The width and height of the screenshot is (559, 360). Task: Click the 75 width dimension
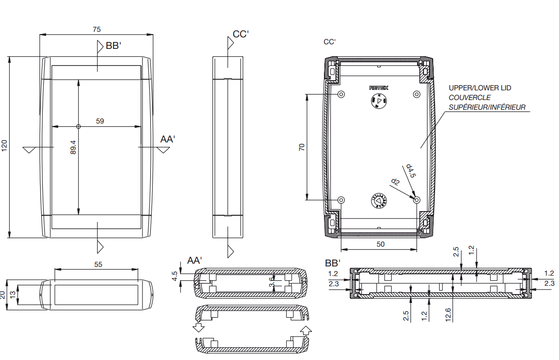click(x=96, y=30)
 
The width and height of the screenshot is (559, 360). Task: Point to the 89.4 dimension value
click(x=73, y=148)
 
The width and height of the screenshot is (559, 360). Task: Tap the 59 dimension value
click(x=100, y=121)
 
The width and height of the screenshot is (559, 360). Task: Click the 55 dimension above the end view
click(x=98, y=265)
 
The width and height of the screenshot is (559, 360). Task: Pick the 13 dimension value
click(x=13, y=295)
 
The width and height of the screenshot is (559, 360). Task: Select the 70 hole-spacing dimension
click(x=302, y=148)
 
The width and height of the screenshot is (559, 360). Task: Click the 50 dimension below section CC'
click(x=380, y=244)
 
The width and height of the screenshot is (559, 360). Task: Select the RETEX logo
click(x=379, y=88)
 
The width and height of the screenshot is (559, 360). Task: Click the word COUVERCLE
click(x=470, y=98)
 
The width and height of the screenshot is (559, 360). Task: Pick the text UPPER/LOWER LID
click(x=480, y=88)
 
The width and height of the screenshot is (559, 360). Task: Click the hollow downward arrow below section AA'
click(x=199, y=328)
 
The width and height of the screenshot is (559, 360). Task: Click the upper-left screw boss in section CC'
click(x=341, y=94)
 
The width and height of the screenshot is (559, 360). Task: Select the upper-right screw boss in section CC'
click(x=417, y=94)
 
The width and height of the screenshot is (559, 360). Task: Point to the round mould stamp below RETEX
click(x=379, y=101)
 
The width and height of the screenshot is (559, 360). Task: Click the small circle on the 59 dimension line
click(x=78, y=126)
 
